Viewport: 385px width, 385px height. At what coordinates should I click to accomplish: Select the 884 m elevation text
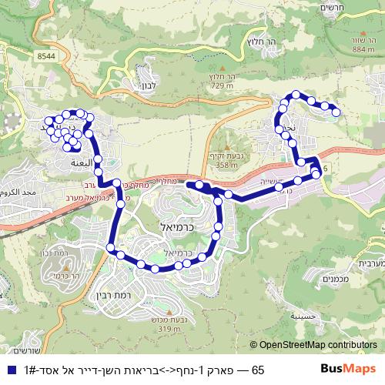click(363, 49)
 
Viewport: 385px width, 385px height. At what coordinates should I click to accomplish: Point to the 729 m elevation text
click(220, 86)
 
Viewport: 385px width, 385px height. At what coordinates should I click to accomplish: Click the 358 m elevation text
click(227, 165)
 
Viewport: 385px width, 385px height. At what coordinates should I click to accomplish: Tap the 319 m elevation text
click(169, 330)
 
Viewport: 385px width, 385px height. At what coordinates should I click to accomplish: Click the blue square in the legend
click(9, 371)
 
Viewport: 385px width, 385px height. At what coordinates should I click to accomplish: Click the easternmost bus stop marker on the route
click(336, 113)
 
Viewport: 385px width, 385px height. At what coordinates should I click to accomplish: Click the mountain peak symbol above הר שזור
click(363, 31)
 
